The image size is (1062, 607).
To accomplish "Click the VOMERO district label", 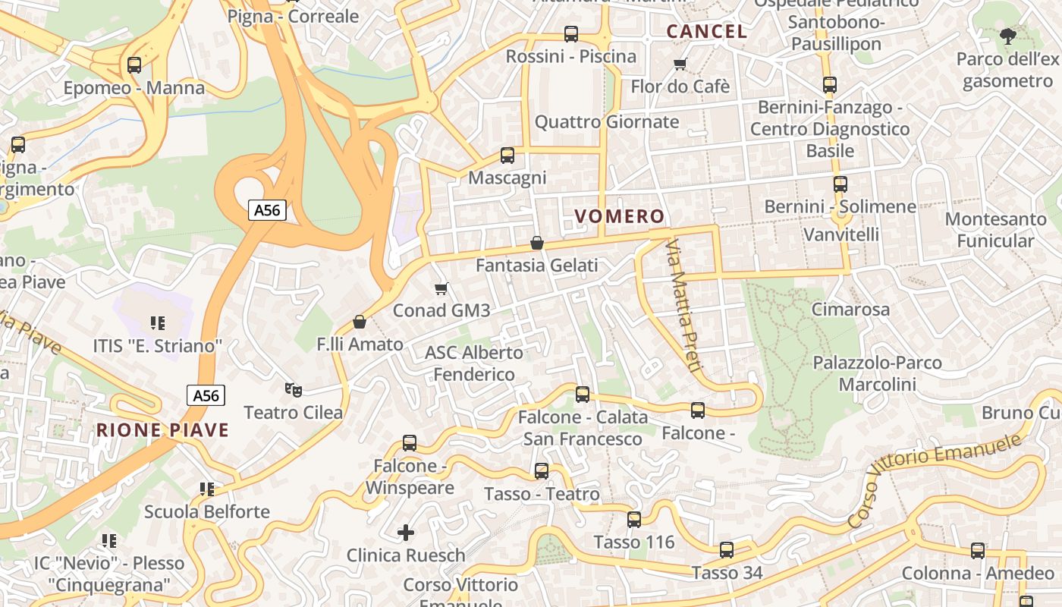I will tap(619, 216).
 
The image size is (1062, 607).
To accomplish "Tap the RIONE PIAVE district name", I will tap(162, 430).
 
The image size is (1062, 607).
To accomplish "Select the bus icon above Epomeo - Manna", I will tap(134, 65).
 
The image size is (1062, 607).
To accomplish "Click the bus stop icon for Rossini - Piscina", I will tap(570, 34).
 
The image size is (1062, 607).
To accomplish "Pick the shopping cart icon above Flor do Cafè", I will tap(680, 64).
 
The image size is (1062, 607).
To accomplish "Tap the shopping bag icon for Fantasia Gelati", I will tap(537, 243).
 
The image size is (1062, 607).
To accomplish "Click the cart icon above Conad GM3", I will tap(441, 288).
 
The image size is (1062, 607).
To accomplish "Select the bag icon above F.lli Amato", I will tap(360, 322).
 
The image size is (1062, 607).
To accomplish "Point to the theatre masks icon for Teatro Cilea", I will tap(294, 390).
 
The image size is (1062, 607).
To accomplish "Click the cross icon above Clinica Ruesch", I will tap(406, 533).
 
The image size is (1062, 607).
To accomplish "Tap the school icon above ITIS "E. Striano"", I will tap(158, 323).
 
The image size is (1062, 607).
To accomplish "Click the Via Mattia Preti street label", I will tap(683, 305).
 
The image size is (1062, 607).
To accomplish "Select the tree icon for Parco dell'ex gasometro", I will tap(1007, 36).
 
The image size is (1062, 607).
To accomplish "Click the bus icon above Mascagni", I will tap(507, 156).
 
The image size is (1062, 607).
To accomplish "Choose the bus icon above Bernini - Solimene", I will tap(840, 184).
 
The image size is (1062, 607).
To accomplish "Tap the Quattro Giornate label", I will tap(607, 122).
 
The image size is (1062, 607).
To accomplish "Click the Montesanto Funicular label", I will tap(995, 230).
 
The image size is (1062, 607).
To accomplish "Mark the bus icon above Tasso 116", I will tap(634, 520).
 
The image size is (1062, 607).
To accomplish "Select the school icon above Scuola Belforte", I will tap(207, 489).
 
